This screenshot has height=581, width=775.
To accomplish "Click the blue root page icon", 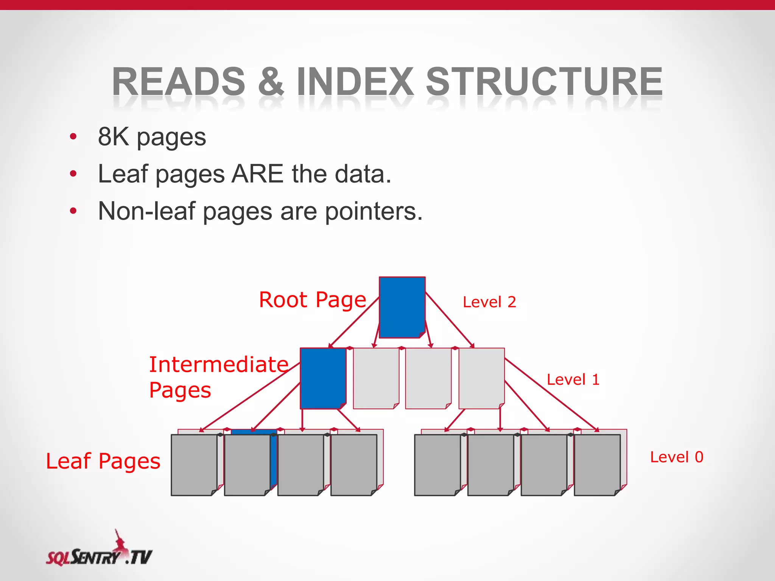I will click(402, 307).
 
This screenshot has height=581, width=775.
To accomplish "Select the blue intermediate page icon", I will click(323, 378).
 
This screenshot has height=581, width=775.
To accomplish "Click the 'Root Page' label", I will click(313, 300).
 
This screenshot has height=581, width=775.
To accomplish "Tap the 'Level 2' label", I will click(489, 302).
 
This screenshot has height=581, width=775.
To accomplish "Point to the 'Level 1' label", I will click(573, 379).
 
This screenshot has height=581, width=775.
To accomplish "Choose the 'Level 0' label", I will click(677, 457).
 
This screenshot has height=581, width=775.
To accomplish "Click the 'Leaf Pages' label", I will click(103, 461).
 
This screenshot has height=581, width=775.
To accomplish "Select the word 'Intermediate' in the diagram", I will click(219, 365).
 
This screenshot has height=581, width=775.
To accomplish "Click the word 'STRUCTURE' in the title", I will click(544, 81).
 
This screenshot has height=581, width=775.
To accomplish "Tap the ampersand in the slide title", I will click(271, 81).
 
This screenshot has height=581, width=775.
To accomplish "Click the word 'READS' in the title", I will click(179, 81).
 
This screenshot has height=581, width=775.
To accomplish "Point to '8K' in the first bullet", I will click(113, 137).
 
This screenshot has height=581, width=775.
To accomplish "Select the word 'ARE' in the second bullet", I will click(257, 174).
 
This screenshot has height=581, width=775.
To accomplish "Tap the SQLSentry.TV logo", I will click(99, 551).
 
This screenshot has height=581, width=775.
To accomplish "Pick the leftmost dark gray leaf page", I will click(194, 465).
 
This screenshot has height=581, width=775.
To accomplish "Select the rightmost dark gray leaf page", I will click(597, 465).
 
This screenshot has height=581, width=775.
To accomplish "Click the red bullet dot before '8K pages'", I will click(73, 137).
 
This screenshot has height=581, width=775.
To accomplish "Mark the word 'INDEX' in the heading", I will click(355, 81).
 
